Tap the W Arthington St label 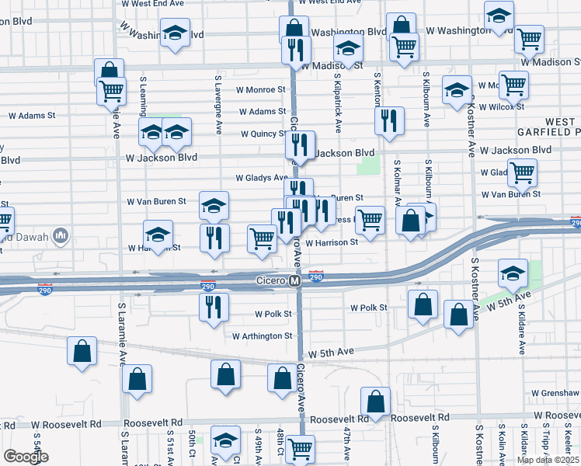pyautogui.click(x=263, y=336)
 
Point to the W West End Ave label pyautogui.click(x=153, y=4)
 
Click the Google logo pyautogui.click(x=26, y=457)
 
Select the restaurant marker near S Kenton pyautogui.click(x=388, y=120)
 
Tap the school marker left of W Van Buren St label pyautogui.click(x=214, y=204)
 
